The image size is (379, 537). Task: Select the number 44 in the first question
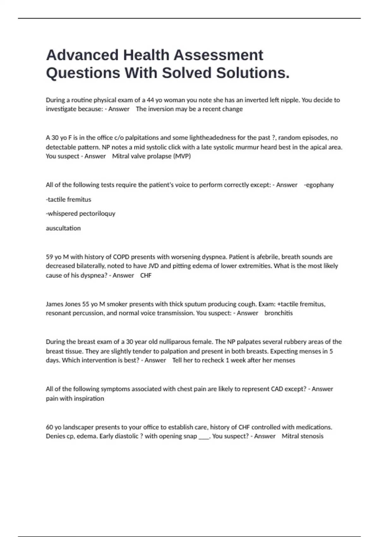(x=150, y=100)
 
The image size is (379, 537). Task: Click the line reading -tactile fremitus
(x=69, y=200)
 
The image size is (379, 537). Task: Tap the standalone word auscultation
(x=63, y=228)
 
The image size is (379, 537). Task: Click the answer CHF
(x=146, y=275)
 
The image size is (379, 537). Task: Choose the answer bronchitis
(x=279, y=313)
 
